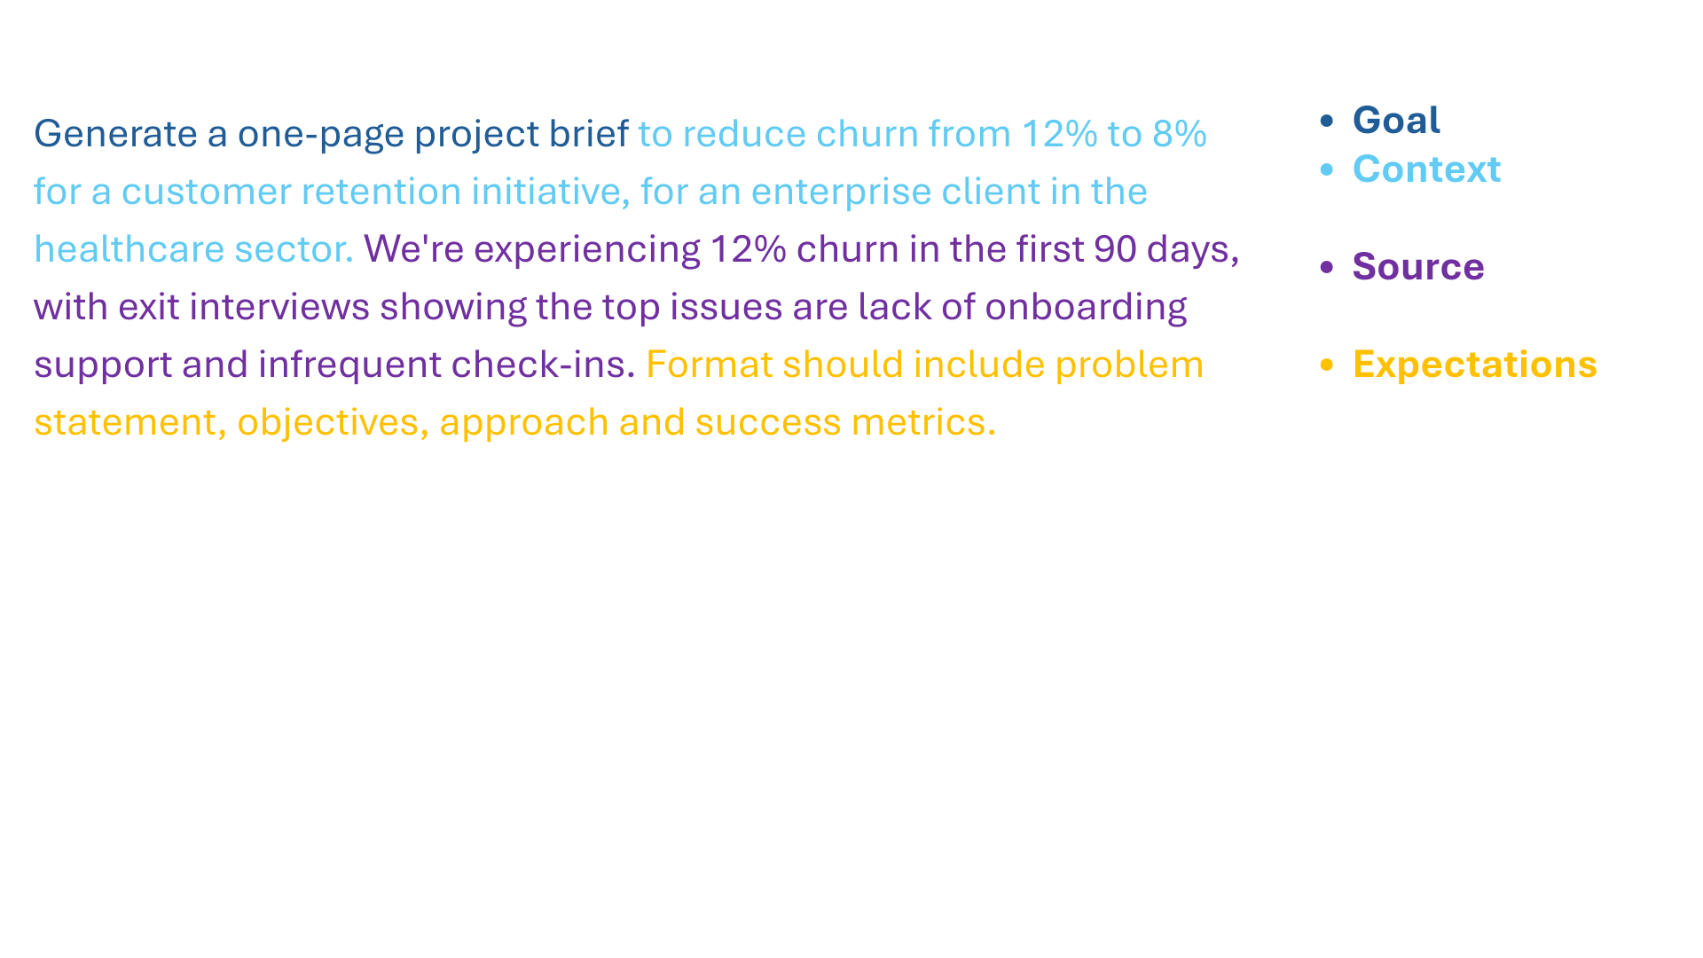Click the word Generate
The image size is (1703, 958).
(x=115, y=134)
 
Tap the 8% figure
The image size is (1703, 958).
(x=1179, y=134)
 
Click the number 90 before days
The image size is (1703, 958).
(x=1115, y=249)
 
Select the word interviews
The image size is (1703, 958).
(x=279, y=307)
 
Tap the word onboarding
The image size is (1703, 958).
(x=1086, y=308)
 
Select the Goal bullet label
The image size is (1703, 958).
(x=1395, y=121)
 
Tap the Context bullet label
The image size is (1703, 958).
(x=1426, y=169)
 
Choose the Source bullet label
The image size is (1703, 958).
(x=1417, y=267)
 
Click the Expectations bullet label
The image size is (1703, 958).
(x=1474, y=365)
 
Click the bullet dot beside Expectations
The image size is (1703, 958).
(x=1327, y=365)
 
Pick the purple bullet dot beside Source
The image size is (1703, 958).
(x=1327, y=267)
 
